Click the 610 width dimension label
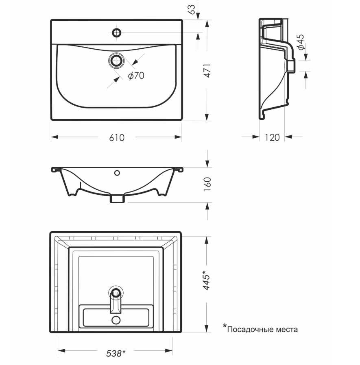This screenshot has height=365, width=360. point(117,137)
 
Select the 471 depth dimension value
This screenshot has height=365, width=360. point(207,70)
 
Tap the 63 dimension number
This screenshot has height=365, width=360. point(192,9)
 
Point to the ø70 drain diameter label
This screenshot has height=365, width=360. point(136,76)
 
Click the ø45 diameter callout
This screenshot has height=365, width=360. point(301,42)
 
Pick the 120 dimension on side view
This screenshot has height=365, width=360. point(272,137)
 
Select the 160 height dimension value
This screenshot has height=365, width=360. point(207,185)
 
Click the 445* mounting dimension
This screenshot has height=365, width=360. point(206,280)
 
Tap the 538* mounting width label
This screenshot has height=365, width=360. point(116,353)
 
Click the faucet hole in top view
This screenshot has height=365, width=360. point(116,33)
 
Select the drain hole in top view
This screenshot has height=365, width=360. point(116,61)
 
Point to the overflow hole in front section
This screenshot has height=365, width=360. point(117,173)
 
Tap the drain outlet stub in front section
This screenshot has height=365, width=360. point(117,198)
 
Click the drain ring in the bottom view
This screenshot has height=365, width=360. point(116,293)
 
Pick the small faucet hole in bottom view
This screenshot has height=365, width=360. point(116,320)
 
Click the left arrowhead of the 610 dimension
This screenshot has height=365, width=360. point(55,137)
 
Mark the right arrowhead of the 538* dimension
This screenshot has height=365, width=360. point(169,350)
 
